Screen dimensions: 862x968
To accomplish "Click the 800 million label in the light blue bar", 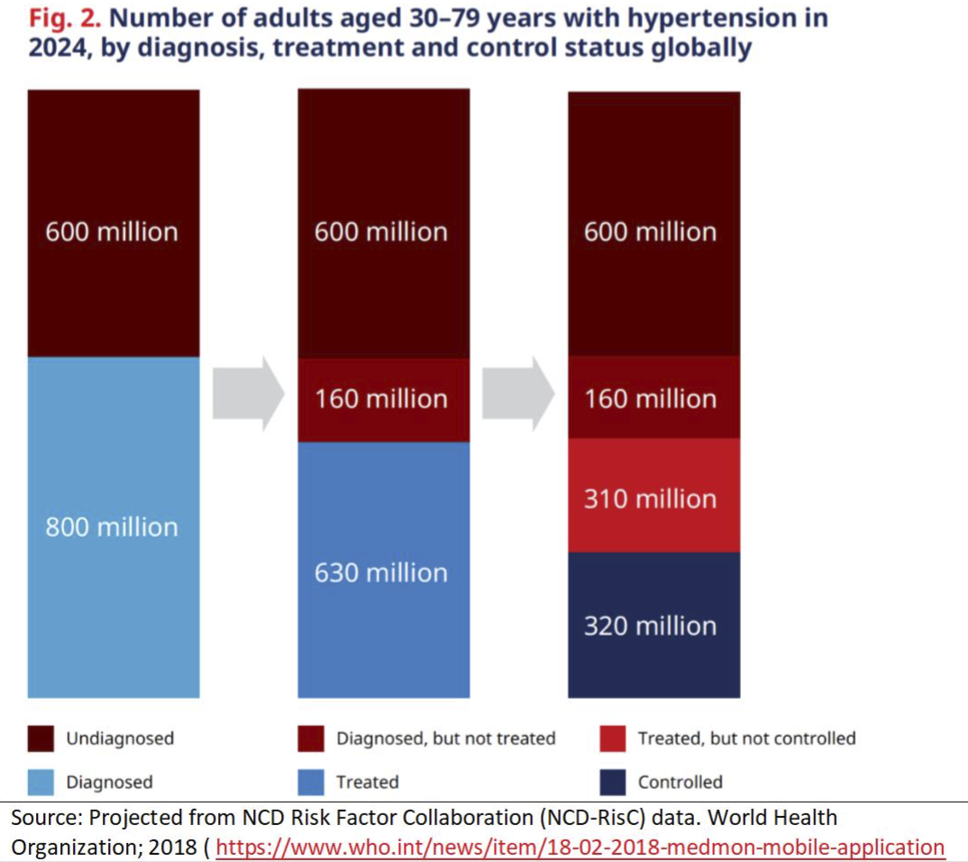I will pos(112,527).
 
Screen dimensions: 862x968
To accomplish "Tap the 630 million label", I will pos(380,573).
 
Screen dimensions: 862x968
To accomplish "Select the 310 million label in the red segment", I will pos(650,499).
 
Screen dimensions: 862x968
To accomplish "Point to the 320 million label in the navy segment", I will pos(650,626).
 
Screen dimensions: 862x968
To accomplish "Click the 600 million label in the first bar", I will pos(112,232).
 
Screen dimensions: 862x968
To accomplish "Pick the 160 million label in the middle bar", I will pos(380,399).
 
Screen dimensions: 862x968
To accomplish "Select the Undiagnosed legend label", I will pos(120,738).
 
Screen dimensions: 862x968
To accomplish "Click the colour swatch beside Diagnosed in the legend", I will pos(41,782).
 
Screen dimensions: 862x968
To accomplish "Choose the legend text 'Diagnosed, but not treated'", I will pos(446,738).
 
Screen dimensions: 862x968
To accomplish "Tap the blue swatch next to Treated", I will pos(311,782).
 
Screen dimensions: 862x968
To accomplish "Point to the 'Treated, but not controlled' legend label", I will pos(746,738).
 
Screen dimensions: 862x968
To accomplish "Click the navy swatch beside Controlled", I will pos(613,782).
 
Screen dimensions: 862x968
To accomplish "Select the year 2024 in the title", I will pos(57,47).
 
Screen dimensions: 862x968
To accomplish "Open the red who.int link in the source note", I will pos(580,848).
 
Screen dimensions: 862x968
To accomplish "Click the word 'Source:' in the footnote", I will pos(44,819).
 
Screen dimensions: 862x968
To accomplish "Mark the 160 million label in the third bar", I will pos(650,399).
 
